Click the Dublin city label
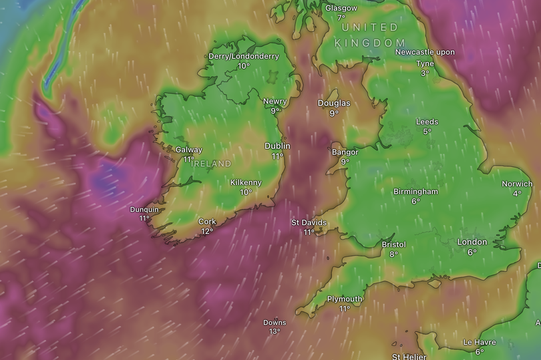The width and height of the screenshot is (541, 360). tap(277, 146)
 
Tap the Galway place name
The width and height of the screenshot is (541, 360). tap(188, 150)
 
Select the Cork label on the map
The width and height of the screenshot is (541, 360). tap(207, 222)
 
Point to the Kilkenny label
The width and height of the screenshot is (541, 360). tap(246, 182)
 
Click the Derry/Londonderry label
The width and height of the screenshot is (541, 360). tap(244, 56)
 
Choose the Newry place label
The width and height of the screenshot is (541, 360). tap(275, 102)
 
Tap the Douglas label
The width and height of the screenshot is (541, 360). tap(333, 104)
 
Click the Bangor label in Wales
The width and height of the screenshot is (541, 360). tap(345, 152)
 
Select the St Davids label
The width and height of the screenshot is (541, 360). tap(308, 222)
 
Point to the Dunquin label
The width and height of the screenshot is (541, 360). tap(144, 209)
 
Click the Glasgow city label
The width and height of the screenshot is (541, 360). tap(341, 8)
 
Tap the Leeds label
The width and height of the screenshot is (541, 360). tap(427, 122)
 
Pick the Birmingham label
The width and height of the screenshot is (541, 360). tap(415, 192)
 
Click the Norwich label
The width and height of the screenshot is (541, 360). tap(517, 184)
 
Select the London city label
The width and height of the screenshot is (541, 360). tap(472, 242)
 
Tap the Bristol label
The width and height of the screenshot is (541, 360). tap(393, 244)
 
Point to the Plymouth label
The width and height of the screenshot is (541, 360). tap(345, 299)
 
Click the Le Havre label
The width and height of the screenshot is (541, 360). tap(479, 343)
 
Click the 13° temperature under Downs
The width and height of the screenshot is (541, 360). tap(275, 331)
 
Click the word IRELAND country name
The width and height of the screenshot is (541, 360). tap(212, 164)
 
